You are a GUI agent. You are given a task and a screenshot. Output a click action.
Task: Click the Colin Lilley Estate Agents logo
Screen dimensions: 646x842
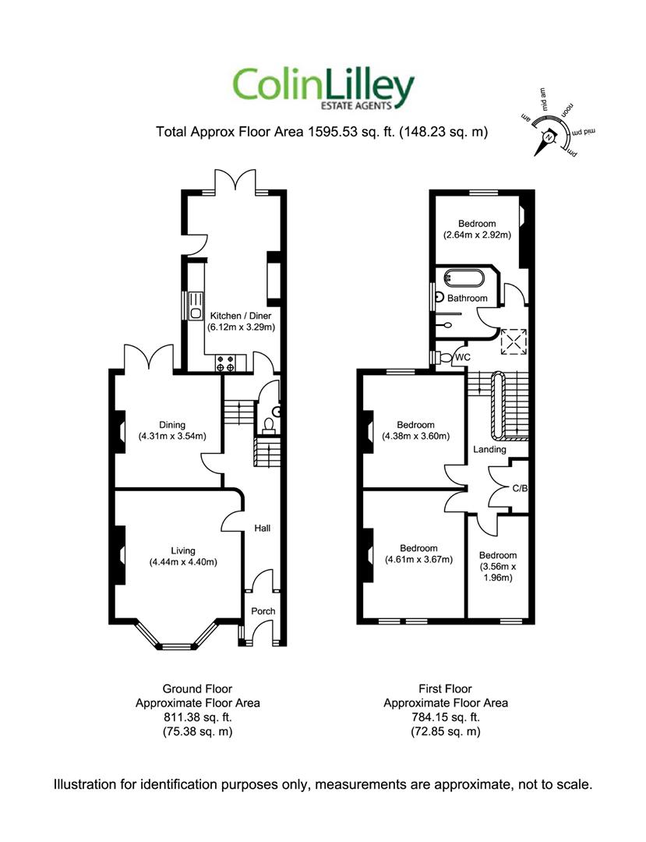coord(323,89)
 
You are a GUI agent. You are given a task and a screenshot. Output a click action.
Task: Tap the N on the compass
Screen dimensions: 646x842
coord(549,137)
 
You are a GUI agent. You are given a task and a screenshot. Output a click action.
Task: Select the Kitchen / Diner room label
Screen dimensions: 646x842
coord(240,316)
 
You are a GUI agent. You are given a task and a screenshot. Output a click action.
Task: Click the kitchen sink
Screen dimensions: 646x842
coord(196,306)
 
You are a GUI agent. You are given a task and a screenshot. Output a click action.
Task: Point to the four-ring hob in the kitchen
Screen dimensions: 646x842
coord(225,363)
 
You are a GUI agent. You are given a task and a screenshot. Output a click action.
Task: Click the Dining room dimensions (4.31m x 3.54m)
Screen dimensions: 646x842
coord(171,436)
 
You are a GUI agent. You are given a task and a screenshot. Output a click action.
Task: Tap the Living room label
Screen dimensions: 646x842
coord(183,550)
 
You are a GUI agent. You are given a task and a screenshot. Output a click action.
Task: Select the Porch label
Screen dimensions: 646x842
coord(263,611)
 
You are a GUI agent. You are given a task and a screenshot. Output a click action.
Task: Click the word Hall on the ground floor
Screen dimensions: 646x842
coord(263,529)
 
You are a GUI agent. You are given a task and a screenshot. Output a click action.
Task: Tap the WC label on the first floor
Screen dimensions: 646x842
coord(463,357)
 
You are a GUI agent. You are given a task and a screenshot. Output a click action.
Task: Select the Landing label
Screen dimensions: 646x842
coord(489,449)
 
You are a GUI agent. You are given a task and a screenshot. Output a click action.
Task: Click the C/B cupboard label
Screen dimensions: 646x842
coord(520,489)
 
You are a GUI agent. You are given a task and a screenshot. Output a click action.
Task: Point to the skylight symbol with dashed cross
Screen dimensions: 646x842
coord(514,342)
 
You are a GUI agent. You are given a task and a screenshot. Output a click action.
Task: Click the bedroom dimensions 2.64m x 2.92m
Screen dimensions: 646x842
coord(477,235)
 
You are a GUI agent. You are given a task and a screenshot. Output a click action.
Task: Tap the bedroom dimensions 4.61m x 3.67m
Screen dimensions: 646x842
coord(418,560)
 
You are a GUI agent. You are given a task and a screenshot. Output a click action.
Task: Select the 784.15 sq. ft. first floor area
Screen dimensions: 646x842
coord(445,717)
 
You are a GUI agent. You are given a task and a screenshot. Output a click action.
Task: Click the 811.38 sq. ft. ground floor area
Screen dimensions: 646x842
coord(197,717)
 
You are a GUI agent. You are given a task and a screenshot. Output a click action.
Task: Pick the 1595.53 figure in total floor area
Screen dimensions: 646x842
coord(332,132)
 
